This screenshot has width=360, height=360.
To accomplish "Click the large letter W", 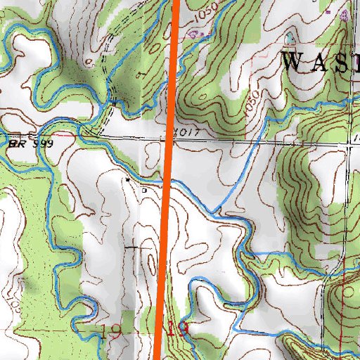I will tap(295, 61).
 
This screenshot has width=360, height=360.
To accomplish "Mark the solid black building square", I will tap(127, 180).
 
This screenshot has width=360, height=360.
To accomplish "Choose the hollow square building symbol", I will tap(145, 189).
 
